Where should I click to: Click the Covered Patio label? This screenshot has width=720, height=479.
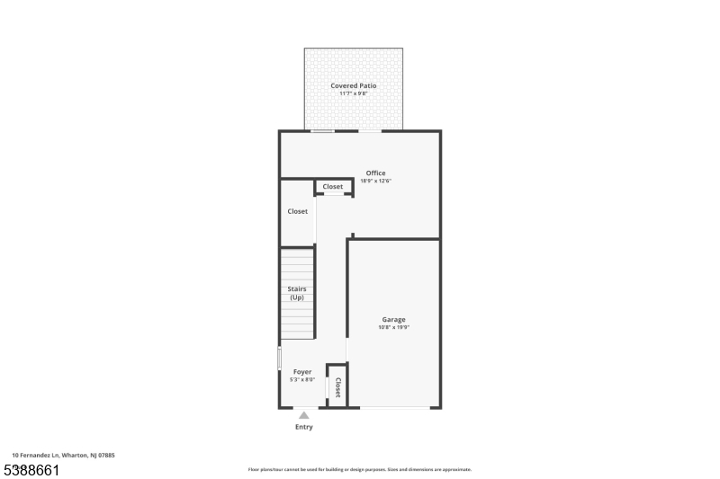pyautogui.click(x=353, y=85)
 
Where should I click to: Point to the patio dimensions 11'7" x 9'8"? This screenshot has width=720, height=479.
pyautogui.click(x=353, y=93)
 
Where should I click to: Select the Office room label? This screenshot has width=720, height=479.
pyautogui.click(x=375, y=173)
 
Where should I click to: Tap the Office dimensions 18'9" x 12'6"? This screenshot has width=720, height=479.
pyautogui.click(x=375, y=181)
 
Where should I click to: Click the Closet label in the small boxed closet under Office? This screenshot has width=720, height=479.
pyautogui.click(x=333, y=187)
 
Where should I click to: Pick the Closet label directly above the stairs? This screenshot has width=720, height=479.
pyautogui.click(x=297, y=211)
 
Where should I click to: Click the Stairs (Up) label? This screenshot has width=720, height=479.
pyautogui.click(x=297, y=293)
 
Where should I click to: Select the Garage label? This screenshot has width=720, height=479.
pyautogui.click(x=393, y=319)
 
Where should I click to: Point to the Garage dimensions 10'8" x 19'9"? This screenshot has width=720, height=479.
pyautogui.click(x=393, y=327)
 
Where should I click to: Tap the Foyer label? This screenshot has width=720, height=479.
pyautogui.click(x=302, y=371)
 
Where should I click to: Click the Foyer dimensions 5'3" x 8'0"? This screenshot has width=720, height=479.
pyautogui.click(x=302, y=379)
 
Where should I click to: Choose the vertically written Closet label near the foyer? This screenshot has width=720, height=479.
pyautogui.click(x=337, y=387)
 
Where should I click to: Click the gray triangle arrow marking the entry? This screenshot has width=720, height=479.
pyautogui.click(x=304, y=415)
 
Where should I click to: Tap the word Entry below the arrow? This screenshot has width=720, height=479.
pyautogui.click(x=304, y=427)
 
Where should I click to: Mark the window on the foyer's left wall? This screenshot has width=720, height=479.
pyautogui.click(x=279, y=357)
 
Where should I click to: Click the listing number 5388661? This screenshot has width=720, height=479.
pyautogui.click(x=32, y=469)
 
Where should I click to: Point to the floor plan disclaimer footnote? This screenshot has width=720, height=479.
pyautogui.click(x=359, y=469)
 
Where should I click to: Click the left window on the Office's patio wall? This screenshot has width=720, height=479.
pyautogui.click(x=323, y=131)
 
